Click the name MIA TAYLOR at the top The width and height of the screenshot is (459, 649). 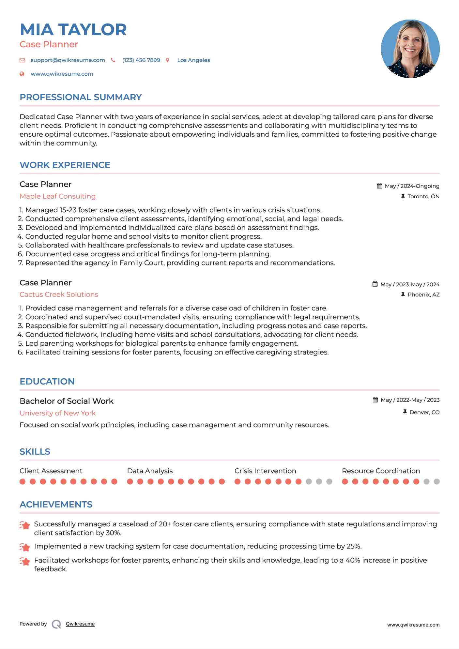pyautogui.click(x=73, y=30)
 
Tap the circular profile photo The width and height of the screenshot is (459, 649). pyautogui.click(x=410, y=49)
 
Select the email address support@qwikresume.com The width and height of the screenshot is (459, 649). pyautogui.click(x=68, y=60)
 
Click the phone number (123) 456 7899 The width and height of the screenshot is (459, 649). pyautogui.click(x=141, y=60)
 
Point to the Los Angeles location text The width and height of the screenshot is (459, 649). pyautogui.click(x=193, y=60)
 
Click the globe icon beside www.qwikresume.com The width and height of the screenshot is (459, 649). pyautogui.click(x=22, y=74)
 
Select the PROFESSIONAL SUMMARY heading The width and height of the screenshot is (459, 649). pyautogui.click(x=81, y=97)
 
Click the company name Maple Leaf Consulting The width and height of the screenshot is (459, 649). pyautogui.click(x=57, y=196)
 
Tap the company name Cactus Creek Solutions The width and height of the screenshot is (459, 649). pyautogui.click(x=59, y=294)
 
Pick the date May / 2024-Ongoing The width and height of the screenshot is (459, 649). pyautogui.click(x=412, y=186)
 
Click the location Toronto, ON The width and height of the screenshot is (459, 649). pyautogui.click(x=423, y=196)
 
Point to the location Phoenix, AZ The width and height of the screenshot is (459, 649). pyautogui.click(x=423, y=294)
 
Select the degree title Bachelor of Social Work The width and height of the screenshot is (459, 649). pyautogui.click(x=67, y=401)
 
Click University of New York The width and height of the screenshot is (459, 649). pyautogui.click(x=57, y=413)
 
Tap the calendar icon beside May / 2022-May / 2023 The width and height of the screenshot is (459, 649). pyautogui.click(x=375, y=400)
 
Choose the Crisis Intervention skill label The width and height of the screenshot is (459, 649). pyautogui.click(x=265, y=471)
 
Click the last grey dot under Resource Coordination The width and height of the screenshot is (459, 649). pyautogui.click(x=437, y=482)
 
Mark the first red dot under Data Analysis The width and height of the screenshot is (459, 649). pyautogui.click(x=130, y=482)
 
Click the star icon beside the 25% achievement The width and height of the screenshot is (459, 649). pyautogui.click(x=25, y=547)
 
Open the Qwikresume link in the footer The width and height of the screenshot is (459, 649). pyautogui.click(x=80, y=624)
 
